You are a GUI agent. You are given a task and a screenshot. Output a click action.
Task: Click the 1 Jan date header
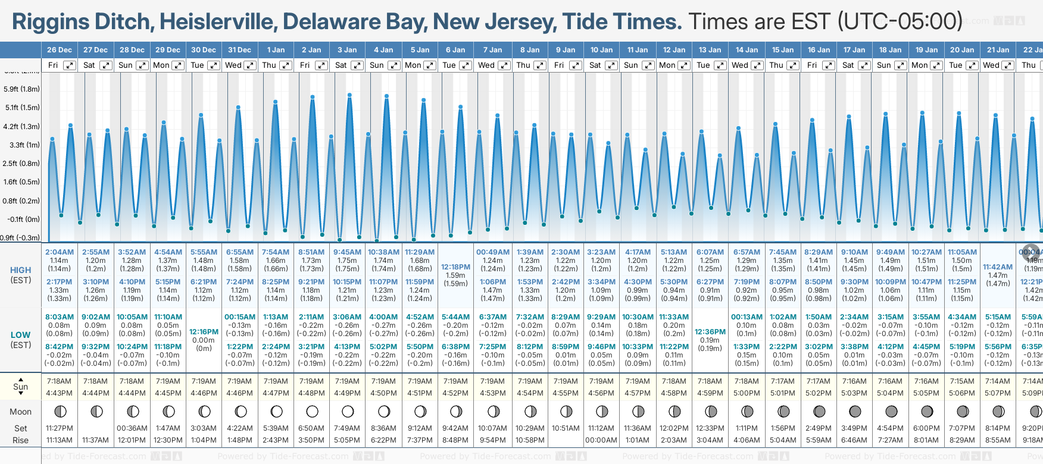click(x=276, y=50)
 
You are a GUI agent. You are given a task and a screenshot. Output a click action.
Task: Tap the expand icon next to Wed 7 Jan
click(x=504, y=65)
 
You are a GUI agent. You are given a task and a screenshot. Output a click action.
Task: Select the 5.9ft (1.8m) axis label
click(x=22, y=89)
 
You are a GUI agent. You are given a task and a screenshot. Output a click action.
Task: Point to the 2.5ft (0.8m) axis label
click(x=22, y=164)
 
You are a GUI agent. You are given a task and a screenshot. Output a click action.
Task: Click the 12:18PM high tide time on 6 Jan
click(x=455, y=267)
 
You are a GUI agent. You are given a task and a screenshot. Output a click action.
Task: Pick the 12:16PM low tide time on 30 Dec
click(x=204, y=332)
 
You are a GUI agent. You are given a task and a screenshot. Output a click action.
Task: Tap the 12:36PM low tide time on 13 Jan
click(x=710, y=332)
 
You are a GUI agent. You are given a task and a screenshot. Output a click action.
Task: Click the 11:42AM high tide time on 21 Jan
click(x=998, y=267)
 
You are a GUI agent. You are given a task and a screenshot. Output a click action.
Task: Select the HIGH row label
click(x=21, y=270)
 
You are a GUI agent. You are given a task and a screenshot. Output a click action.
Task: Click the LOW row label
click(x=21, y=335)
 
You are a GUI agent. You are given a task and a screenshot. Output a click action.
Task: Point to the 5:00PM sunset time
click(x=747, y=393)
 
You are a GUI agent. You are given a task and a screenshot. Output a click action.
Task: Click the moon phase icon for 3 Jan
click(x=348, y=411)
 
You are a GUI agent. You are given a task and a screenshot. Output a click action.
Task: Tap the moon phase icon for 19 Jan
click(x=927, y=411)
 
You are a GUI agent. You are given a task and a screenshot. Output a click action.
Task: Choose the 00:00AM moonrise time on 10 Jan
click(x=601, y=440)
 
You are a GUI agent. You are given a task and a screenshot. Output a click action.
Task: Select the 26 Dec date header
click(x=60, y=50)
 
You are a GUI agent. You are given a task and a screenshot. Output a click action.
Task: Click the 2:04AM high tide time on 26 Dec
click(x=60, y=252)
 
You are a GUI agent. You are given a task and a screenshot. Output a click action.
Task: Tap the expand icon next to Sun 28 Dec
click(x=142, y=65)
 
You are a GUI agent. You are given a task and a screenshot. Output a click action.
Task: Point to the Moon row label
click(x=21, y=412)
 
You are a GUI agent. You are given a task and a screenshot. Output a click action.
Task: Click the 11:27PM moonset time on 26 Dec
click(x=60, y=428)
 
